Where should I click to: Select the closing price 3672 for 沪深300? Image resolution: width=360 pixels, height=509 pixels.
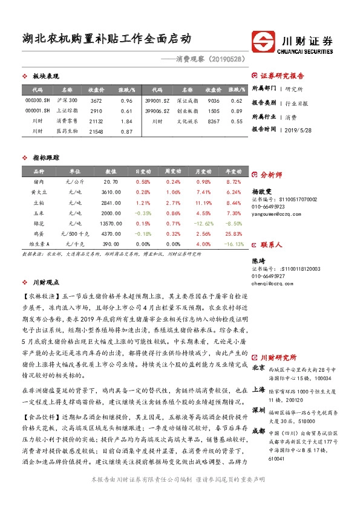[96, 100]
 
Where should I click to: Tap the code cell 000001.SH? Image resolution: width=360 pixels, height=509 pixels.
[38, 111]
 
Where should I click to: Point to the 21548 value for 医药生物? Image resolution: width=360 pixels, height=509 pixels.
[96, 132]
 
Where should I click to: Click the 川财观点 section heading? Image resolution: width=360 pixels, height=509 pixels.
[45, 282]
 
